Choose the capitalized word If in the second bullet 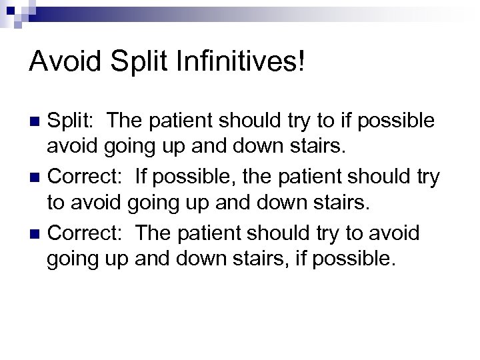tap(142, 177)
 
